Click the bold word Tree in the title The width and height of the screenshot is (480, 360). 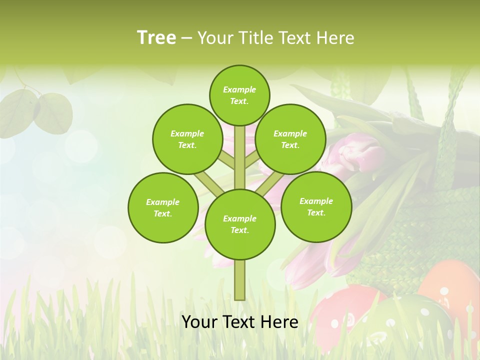point(156,37)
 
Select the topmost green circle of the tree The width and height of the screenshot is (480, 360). point(239,95)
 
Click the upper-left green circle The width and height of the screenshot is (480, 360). point(187,139)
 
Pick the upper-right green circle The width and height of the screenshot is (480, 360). point(290,139)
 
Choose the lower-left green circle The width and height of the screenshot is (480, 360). point(163,207)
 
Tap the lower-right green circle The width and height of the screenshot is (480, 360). point(316,206)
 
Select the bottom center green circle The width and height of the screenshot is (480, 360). point(240,224)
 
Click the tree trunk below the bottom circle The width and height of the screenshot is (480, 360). point(240,280)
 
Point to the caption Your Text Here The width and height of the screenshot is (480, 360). point(240,322)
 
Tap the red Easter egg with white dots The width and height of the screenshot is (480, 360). point(345,307)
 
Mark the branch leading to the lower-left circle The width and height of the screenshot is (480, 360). point(207,182)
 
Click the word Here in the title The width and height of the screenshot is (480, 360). point(335,38)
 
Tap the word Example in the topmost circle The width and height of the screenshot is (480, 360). point(239,89)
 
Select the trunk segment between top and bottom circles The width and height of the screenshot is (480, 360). point(240,157)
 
